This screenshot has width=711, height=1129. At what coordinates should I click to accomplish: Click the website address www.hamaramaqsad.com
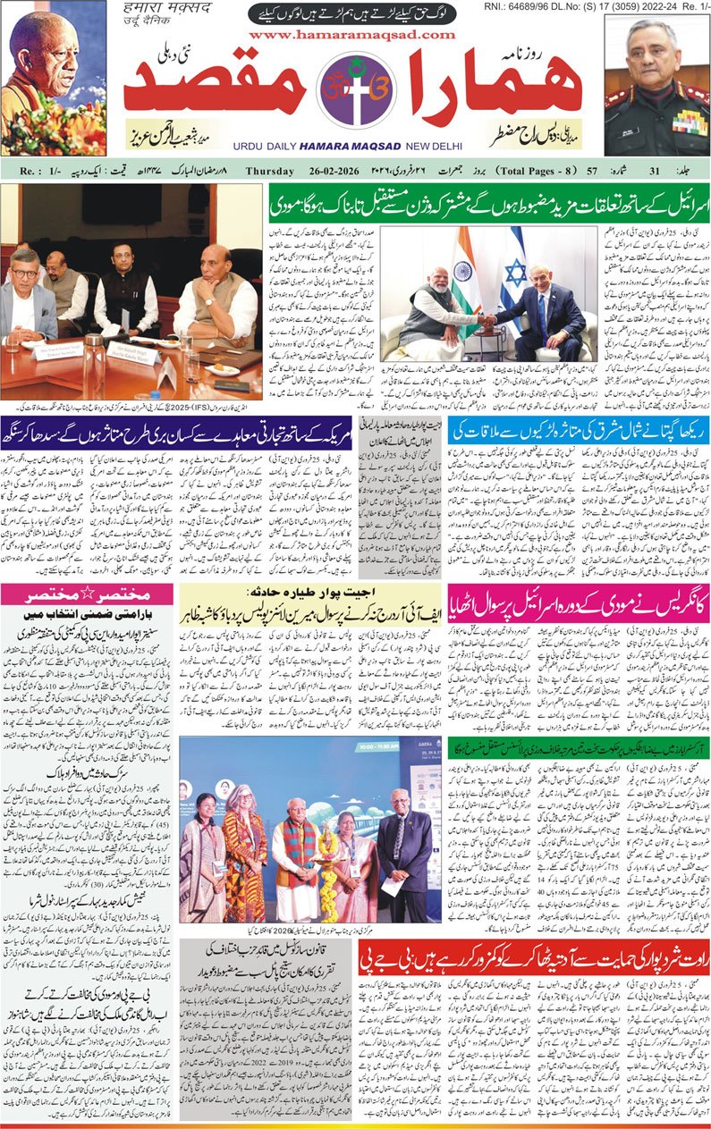tap(352, 34)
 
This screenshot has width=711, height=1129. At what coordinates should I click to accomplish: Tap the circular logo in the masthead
tap(355, 92)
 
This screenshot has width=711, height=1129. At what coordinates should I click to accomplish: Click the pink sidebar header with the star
tap(89, 594)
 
